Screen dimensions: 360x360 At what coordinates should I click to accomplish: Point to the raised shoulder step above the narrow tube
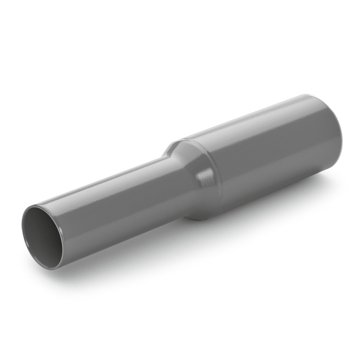coord(173,146)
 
